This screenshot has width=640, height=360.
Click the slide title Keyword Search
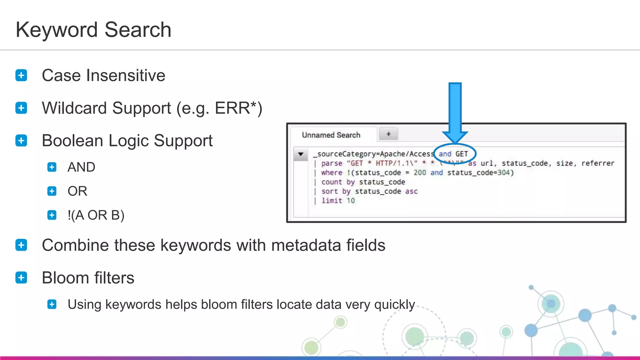pyautogui.click(x=93, y=30)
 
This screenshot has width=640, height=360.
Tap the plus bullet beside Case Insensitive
pyautogui.click(x=21, y=75)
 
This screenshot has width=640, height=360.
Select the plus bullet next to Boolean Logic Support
pyautogui.click(x=21, y=141)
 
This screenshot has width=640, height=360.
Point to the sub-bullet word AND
pyautogui.click(x=81, y=167)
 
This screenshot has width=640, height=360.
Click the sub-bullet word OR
pyautogui.click(x=77, y=191)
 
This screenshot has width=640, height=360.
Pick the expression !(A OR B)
pyautogui.click(x=96, y=215)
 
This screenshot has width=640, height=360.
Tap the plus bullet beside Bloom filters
pyautogui.click(x=21, y=277)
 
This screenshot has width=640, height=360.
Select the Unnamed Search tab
pyautogui.click(x=331, y=135)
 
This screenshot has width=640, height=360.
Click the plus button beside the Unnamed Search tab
pyautogui.click(x=388, y=134)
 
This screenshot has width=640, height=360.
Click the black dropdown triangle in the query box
pyautogui.click(x=301, y=154)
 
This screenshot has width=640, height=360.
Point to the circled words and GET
pyautogui.click(x=453, y=154)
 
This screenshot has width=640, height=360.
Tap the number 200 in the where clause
pyautogui.click(x=420, y=173)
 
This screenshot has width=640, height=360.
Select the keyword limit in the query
pyautogui.click(x=332, y=201)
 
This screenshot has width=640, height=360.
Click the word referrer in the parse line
pyautogui.click(x=598, y=163)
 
